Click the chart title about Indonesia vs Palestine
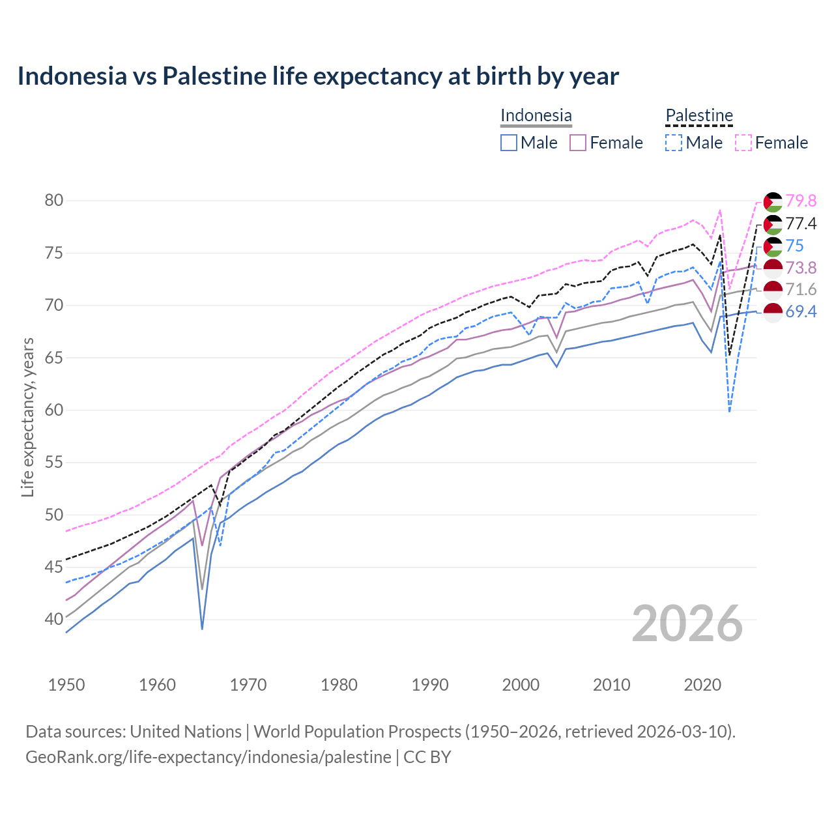point(318,76)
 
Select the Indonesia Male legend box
point(509,143)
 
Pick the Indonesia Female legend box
point(579,143)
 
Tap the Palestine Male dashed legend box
point(674,143)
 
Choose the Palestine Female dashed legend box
point(743,143)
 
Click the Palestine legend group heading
point(699,115)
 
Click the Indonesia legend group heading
point(536,115)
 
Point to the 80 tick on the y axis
point(54,200)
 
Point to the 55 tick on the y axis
point(54,463)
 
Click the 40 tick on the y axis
point(54,619)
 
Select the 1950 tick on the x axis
point(66,685)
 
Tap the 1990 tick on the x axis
point(430,685)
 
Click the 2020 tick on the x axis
point(702,685)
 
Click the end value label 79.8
point(801,201)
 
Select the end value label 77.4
point(801,224)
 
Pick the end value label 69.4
point(801,312)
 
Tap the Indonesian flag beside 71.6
point(773,290)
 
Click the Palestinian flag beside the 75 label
point(773,246)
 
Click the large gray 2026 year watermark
point(687,624)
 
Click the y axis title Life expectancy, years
point(28,417)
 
